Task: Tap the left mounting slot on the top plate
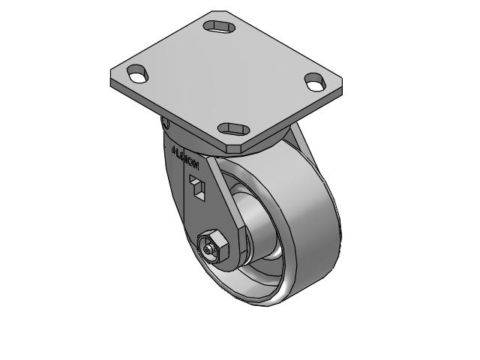pos(139,73)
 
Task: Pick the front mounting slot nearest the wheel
pos(234,127)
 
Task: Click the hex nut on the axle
pos(211,246)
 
